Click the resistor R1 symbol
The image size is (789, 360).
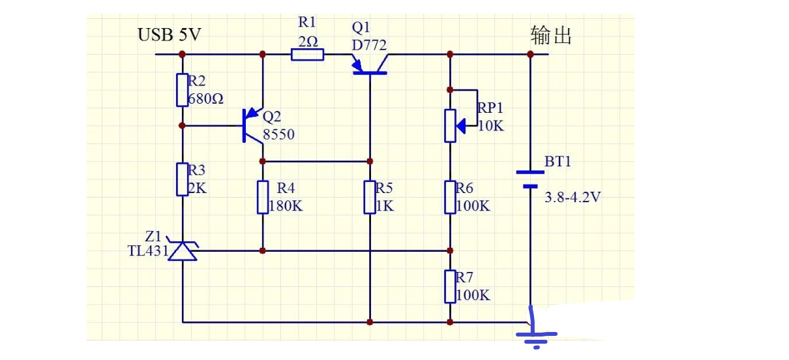coord(306,54)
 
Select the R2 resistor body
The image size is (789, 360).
coord(183,90)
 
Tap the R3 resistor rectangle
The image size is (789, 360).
coord(183,179)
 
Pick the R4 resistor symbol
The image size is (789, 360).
coord(262,198)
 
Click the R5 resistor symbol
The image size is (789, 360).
coord(370,198)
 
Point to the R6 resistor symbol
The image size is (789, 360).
coord(450,197)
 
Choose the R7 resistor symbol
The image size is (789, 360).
coord(450,286)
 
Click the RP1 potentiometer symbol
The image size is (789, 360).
coord(451,125)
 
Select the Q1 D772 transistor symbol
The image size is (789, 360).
coord(370,65)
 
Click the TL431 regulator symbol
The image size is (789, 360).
coord(183,250)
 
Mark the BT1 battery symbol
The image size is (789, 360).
coord(530,179)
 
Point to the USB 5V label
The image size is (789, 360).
coord(169,35)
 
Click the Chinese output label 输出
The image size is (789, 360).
coord(551,35)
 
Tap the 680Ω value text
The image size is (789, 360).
coord(206,99)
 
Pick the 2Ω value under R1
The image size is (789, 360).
coord(308,40)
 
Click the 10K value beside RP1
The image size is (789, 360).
coord(491,126)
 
